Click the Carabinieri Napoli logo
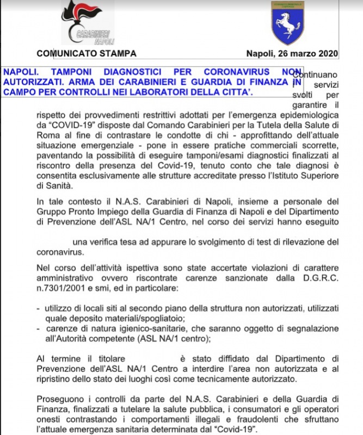(x=87, y=22)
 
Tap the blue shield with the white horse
(x=288, y=23)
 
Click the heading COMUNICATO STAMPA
(x=87, y=53)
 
